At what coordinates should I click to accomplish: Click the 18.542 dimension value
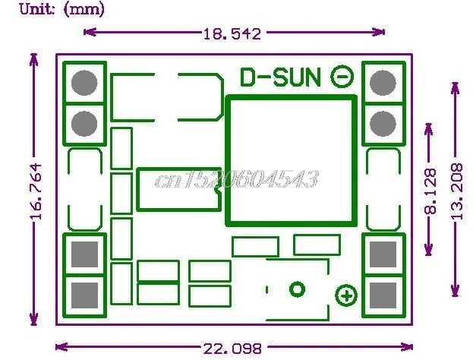pyautogui.click(x=232, y=33)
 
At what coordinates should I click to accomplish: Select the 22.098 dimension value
pyautogui.click(x=232, y=349)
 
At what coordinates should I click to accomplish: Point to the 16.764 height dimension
pyautogui.click(x=36, y=191)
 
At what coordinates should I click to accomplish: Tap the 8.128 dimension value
pyautogui.click(x=430, y=191)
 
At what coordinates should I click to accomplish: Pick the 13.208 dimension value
pyautogui.click(x=457, y=191)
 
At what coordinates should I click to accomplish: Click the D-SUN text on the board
pyautogui.click(x=279, y=77)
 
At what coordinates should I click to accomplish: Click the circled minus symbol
pyautogui.click(x=342, y=77)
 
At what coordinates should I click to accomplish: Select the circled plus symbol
pyautogui.click(x=346, y=295)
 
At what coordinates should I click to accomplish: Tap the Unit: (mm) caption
pyautogui.click(x=62, y=9)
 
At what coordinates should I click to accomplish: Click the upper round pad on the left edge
pyautogui.click(x=84, y=83)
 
